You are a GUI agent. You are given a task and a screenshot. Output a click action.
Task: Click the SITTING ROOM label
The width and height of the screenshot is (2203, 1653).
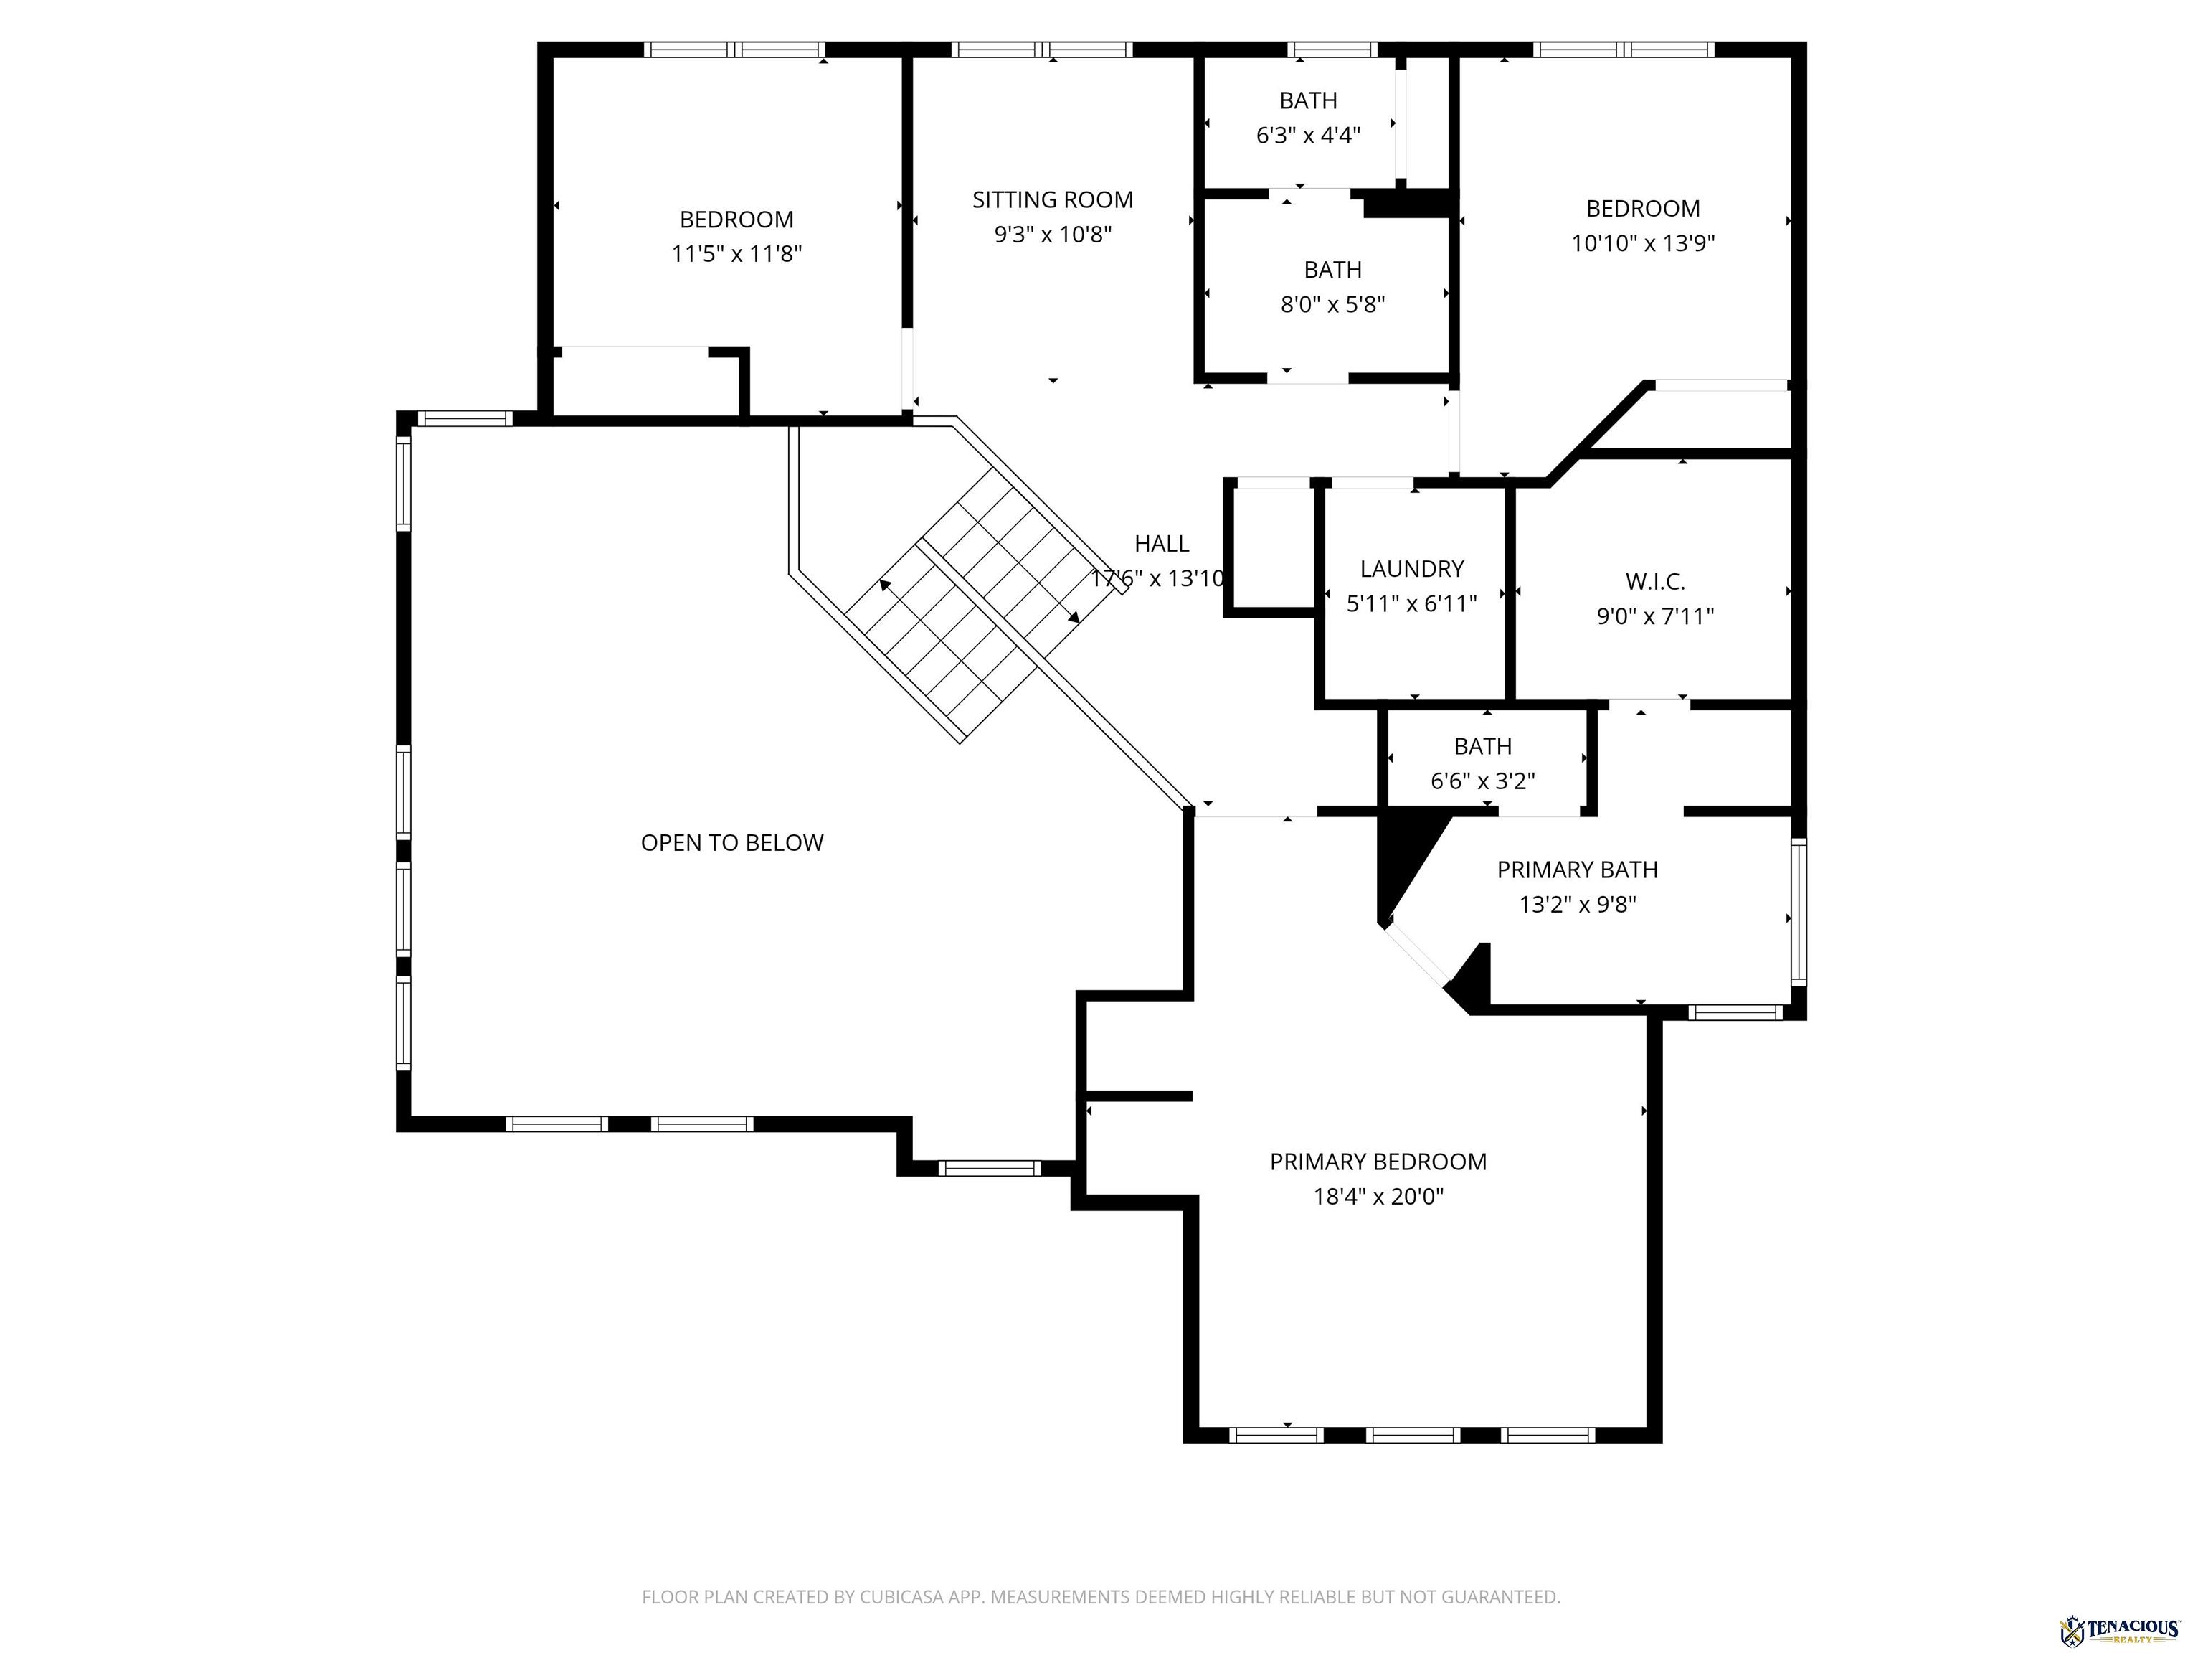click(x=1053, y=200)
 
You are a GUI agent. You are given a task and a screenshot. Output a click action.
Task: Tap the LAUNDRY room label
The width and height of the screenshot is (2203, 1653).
click(x=1411, y=569)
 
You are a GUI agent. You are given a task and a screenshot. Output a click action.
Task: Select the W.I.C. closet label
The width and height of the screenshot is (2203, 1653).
click(x=1654, y=582)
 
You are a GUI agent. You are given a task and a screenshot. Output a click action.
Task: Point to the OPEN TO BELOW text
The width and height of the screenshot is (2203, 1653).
click(x=732, y=843)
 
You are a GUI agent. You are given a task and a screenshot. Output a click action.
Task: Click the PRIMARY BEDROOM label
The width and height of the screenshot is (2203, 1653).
click(x=1378, y=1162)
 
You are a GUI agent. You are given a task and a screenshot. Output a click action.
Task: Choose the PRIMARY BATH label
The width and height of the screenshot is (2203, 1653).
click(x=1578, y=870)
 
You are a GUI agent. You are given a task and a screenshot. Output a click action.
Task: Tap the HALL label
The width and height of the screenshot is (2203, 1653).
click(x=1161, y=544)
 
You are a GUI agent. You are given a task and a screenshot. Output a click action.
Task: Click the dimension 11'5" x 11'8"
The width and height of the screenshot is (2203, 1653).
click(x=737, y=254)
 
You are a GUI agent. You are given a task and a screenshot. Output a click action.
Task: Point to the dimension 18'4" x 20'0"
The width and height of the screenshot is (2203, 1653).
click(x=1378, y=1197)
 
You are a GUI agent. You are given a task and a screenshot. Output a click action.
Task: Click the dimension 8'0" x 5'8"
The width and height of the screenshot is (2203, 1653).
click(x=1332, y=305)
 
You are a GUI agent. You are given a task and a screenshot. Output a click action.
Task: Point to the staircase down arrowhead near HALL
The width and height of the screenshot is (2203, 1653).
click(x=1074, y=618)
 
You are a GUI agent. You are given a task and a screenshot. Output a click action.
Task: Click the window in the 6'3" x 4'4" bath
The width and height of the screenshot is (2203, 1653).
click(x=1332, y=49)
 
